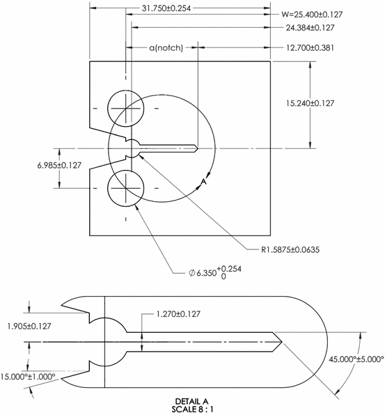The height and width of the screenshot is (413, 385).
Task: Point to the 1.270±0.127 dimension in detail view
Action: (173, 314)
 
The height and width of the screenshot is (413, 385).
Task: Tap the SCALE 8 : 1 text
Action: (193, 408)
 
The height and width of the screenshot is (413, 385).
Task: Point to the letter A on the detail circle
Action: (203, 182)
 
